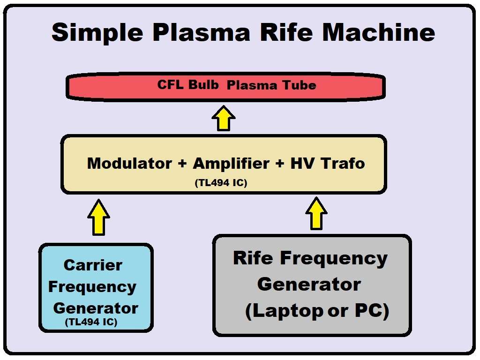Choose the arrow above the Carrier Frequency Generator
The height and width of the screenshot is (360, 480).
[98, 217]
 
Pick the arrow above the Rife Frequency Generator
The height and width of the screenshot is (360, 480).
[316, 213]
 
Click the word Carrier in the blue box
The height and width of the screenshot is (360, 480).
[93, 265]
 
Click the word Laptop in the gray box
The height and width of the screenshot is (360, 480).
[284, 312]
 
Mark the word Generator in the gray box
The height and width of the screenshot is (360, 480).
[309, 284]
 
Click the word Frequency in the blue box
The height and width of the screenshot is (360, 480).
[92, 286]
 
